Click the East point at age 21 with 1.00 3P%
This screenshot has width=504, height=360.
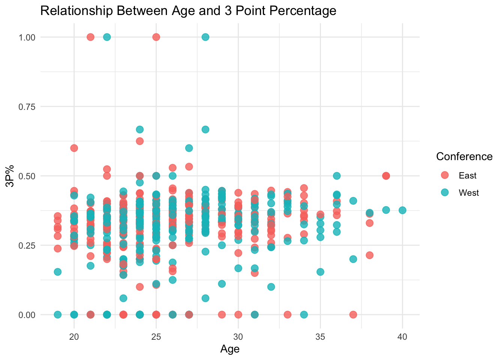pyautogui.click(x=90, y=37)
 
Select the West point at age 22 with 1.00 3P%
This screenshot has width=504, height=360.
pyautogui.click(x=107, y=37)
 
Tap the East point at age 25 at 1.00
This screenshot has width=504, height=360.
pyautogui.click(x=156, y=37)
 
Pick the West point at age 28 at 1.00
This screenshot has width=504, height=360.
pyautogui.click(x=205, y=37)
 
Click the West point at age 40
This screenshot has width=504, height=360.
pyautogui.click(x=402, y=210)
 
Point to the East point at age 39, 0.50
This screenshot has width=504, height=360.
pyautogui.click(x=386, y=176)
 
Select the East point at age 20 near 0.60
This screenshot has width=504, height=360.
pyautogui.click(x=74, y=148)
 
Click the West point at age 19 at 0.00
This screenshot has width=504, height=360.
pyautogui.click(x=57, y=314)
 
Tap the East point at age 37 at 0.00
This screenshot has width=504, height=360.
pyautogui.click(x=353, y=314)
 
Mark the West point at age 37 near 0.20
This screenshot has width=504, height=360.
pyautogui.click(x=353, y=259)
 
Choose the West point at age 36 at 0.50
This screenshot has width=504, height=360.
pyautogui.click(x=337, y=176)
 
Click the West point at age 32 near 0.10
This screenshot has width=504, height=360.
pyautogui.click(x=271, y=287)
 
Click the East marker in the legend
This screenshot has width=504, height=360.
pyautogui.click(x=445, y=175)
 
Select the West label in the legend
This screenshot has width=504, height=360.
pyautogui.click(x=469, y=193)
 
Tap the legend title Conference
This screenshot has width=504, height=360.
pyautogui.click(x=464, y=156)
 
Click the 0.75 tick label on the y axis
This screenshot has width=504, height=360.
pyautogui.click(x=27, y=106)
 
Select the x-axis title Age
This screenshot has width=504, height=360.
pyautogui.click(x=230, y=349)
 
